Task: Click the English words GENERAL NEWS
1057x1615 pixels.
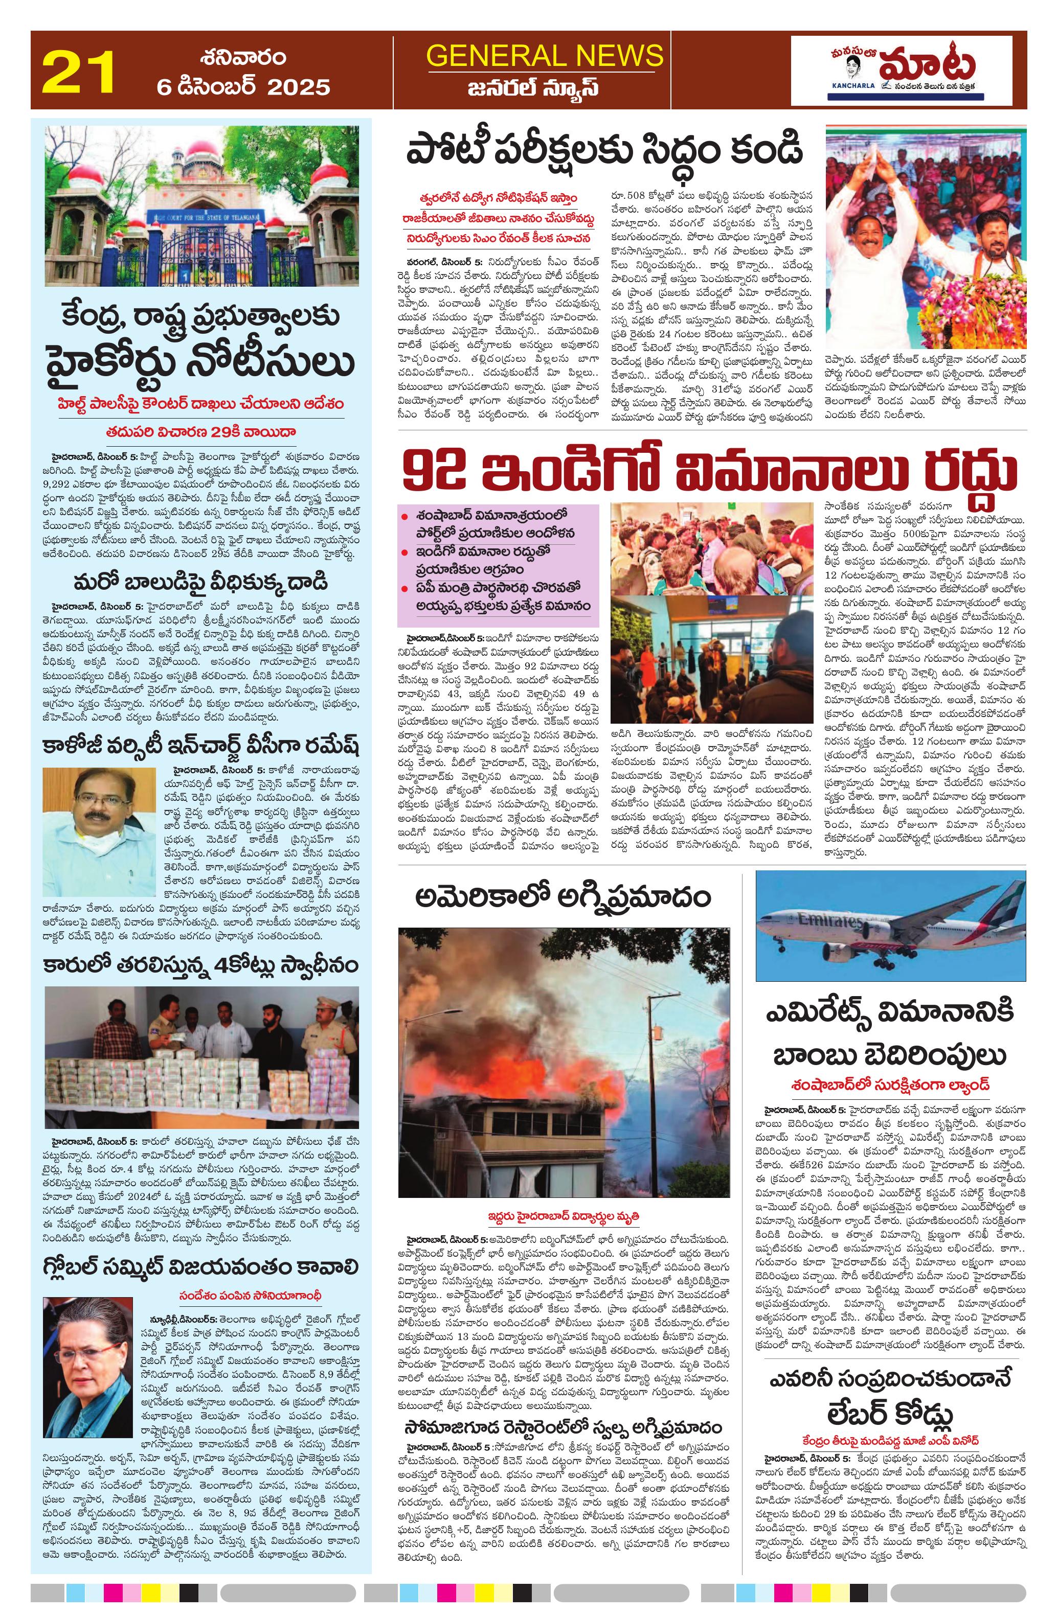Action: pyautogui.click(x=545, y=55)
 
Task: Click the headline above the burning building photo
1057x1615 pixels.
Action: pyautogui.click(x=564, y=897)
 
